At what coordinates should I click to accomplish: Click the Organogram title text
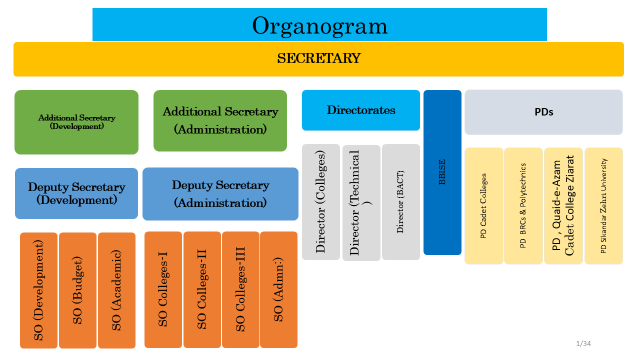pyautogui.click(x=319, y=25)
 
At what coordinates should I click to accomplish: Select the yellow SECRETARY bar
pyautogui.click(x=318, y=59)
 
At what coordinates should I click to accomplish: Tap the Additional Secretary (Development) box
pyautogui.click(x=76, y=122)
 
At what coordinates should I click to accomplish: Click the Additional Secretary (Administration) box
pyautogui.click(x=220, y=120)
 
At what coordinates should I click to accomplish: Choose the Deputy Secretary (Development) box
pyautogui.click(x=76, y=193)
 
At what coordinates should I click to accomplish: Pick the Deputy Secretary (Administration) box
pyautogui.click(x=220, y=194)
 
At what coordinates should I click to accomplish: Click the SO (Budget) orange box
pyautogui.click(x=77, y=290)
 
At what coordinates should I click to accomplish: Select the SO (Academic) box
pyautogui.click(x=116, y=290)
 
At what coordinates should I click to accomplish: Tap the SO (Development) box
pyautogui.click(x=38, y=290)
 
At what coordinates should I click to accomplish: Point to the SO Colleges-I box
pyautogui.click(x=163, y=289)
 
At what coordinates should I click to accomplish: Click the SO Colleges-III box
pyautogui.click(x=240, y=289)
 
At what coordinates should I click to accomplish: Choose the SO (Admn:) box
pyautogui.click(x=278, y=289)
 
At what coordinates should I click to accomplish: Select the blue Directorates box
pyautogui.click(x=361, y=110)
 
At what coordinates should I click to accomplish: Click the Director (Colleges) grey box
pyautogui.click(x=321, y=202)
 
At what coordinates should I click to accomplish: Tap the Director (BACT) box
pyautogui.click(x=400, y=202)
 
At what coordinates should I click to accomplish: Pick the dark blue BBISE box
pyautogui.click(x=442, y=172)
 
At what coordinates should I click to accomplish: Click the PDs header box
pyautogui.click(x=543, y=112)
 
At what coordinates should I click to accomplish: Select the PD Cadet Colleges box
pyautogui.click(x=483, y=206)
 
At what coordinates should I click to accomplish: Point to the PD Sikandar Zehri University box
pyautogui.click(x=603, y=206)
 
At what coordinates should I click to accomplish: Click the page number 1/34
pyautogui.click(x=583, y=343)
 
